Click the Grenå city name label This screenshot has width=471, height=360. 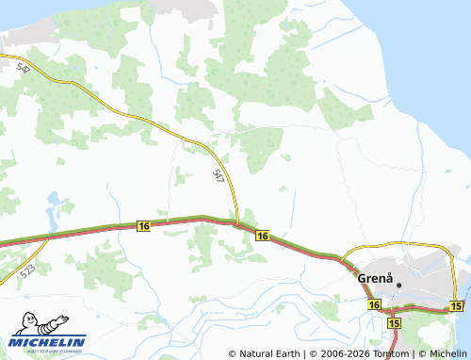click(x=374, y=279)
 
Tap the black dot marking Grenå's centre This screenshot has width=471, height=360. click(x=399, y=285)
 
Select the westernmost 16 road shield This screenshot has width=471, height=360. click(x=143, y=226)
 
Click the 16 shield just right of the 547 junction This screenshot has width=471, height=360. click(x=262, y=236)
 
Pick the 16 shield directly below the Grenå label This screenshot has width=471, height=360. click(x=374, y=305)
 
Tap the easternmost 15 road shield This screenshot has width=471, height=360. click(x=457, y=306)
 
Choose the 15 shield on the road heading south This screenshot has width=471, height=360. click(x=394, y=323)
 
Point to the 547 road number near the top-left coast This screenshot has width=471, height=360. click(x=24, y=68)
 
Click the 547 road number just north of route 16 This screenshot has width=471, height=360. click(x=219, y=174)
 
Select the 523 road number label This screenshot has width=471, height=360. click(x=28, y=271)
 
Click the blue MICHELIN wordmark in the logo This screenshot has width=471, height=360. click(x=49, y=341)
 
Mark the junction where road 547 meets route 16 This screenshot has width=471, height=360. click(x=236, y=223)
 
